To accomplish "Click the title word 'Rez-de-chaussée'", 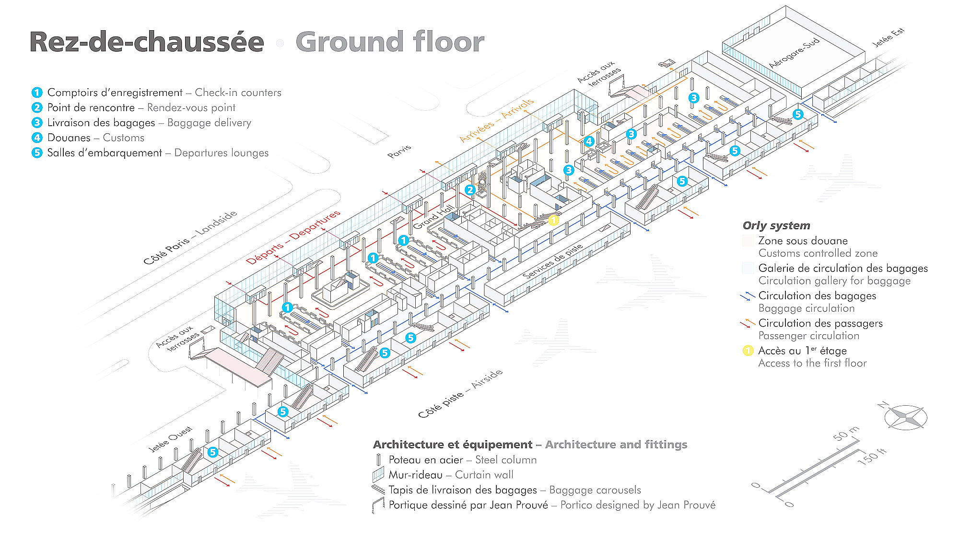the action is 147,42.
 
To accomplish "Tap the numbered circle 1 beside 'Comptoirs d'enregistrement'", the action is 37,93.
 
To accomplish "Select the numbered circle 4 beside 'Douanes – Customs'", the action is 37,138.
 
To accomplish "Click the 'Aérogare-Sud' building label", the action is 794,53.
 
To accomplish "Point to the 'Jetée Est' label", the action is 888,37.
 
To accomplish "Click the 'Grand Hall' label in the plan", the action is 433,217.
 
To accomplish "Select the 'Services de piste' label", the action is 552,261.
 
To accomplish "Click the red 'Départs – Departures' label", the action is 293,237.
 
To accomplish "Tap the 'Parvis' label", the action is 399,151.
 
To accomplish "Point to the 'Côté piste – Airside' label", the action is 460,394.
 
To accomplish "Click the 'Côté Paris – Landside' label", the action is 190,237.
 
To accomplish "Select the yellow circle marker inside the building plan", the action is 553,220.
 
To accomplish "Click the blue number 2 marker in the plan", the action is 470,190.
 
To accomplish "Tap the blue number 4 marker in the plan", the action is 589,141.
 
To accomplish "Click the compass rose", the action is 905,417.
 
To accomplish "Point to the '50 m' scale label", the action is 846,434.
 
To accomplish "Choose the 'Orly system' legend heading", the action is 776,225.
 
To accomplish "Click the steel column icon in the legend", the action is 378,460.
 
